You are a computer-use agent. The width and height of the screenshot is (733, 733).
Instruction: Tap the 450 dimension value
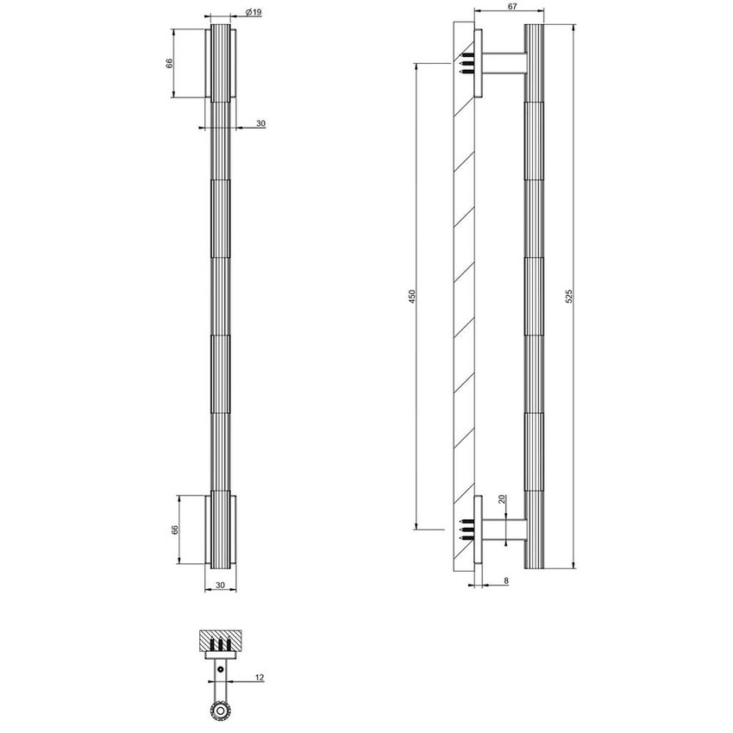coord(412,296)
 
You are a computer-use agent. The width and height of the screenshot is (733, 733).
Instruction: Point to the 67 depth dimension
coord(511,7)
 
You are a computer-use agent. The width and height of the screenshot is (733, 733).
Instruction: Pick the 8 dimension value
coord(505,582)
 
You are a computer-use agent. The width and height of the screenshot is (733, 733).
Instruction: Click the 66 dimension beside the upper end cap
coord(170,64)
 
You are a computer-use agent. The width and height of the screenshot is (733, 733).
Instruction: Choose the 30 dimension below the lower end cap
coord(220,585)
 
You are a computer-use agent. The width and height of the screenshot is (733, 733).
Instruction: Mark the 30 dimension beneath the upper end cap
coord(260,124)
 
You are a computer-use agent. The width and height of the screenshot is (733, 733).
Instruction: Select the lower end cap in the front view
coord(220,529)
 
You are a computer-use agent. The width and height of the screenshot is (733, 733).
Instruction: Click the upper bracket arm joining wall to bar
coord(504,65)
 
